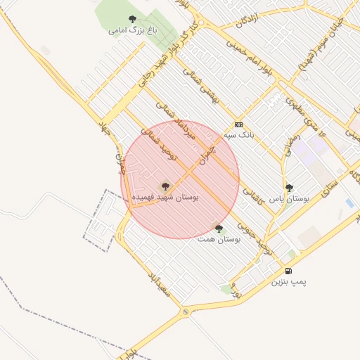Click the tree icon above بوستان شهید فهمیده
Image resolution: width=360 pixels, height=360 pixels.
[165, 186]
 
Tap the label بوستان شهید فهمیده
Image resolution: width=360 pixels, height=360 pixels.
[166, 198]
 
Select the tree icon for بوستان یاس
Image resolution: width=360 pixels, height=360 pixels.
[290, 188]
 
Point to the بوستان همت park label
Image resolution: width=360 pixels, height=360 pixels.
[219, 240]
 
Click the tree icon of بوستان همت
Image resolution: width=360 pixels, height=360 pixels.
[219, 229]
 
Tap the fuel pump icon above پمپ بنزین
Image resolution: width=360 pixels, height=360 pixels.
[288, 271]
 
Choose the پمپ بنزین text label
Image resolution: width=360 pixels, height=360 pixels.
[289, 282]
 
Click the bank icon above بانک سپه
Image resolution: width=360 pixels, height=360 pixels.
[238, 123]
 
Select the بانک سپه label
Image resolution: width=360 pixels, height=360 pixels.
[239, 134]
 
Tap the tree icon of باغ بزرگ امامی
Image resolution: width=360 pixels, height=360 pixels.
[133, 19]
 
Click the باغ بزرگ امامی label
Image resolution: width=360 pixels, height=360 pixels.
[132, 30]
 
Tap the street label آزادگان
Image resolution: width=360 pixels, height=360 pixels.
[250, 20]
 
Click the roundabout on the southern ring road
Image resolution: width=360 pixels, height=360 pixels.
[186, 311]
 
